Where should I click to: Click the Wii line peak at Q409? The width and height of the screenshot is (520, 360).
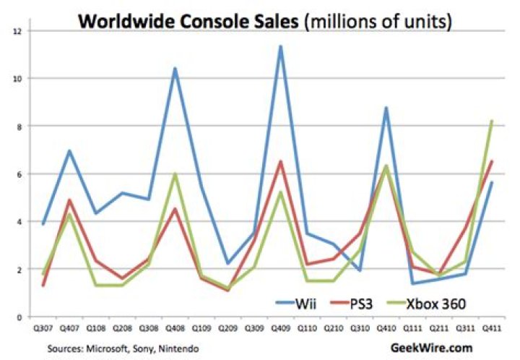tap(280, 46)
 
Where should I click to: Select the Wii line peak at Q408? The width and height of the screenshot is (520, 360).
tap(174, 69)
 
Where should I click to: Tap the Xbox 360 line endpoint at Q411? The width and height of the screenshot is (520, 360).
tap(492, 121)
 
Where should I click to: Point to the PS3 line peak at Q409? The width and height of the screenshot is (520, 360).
tap(280, 161)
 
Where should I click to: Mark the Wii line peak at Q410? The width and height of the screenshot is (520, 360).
tap(386, 108)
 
